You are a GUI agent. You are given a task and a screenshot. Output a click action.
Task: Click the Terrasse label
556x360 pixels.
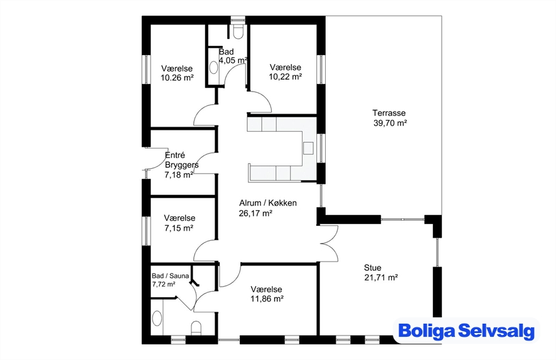pyautogui.click(x=389, y=113)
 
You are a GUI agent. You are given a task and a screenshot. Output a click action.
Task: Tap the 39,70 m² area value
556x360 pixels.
pyautogui.click(x=390, y=123)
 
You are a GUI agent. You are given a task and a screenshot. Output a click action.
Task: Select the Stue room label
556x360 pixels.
pyautogui.click(x=373, y=268)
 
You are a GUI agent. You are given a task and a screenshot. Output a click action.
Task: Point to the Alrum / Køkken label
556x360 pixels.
pyautogui.click(x=268, y=203)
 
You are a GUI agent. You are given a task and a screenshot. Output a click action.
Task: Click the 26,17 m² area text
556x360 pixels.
pyautogui.click(x=255, y=213)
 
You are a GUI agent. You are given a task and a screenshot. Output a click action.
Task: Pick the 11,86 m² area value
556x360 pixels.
pyautogui.click(x=267, y=299)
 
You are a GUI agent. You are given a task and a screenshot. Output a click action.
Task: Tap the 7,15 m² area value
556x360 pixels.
pyautogui.click(x=179, y=228)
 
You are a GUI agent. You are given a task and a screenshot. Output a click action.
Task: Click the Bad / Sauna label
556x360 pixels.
pyautogui.click(x=170, y=276)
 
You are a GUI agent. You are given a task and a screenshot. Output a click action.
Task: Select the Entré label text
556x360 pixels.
pyautogui.click(x=175, y=155)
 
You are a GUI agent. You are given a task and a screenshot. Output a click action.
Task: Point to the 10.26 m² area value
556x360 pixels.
pyautogui.click(x=178, y=78)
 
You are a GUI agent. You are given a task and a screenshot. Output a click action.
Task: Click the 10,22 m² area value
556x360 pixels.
pyautogui.click(x=286, y=77)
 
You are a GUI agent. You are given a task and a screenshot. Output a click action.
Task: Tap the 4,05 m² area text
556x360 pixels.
pyautogui.click(x=233, y=60)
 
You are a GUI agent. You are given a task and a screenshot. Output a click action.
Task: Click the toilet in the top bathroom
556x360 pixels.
pyautogui.click(x=238, y=31)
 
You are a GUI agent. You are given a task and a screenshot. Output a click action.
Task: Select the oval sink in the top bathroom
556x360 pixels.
pyautogui.click(x=213, y=67)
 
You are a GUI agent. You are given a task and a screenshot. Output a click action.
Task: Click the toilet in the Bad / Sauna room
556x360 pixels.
pyautogui.click(x=196, y=328)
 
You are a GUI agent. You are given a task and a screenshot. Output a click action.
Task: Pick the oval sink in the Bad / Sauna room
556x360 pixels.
pyautogui.click(x=157, y=318)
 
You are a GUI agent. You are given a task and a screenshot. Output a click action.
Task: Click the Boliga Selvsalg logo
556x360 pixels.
pyautogui.click(x=466, y=331)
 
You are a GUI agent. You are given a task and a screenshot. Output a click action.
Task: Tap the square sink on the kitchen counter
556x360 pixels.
pyautogui.click(x=308, y=148)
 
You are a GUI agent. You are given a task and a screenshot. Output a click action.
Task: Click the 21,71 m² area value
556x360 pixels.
pyautogui.click(x=381, y=277)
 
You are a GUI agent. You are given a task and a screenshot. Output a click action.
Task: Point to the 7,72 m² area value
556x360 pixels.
pyautogui.click(x=163, y=284)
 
